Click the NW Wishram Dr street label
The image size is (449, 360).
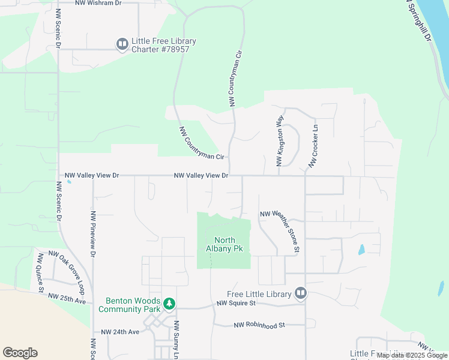point(98,3)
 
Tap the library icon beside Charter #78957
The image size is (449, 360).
point(122,44)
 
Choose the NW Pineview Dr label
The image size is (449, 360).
point(93,234)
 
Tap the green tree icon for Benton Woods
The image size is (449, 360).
point(170,304)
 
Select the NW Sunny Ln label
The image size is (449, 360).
point(176,340)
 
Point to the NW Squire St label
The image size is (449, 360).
point(240,304)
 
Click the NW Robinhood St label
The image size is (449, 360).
point(258,325)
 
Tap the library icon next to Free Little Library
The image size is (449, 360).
point(301,293)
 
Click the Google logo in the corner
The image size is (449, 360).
point(20,353)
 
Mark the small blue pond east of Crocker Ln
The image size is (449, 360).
point(361,249)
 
